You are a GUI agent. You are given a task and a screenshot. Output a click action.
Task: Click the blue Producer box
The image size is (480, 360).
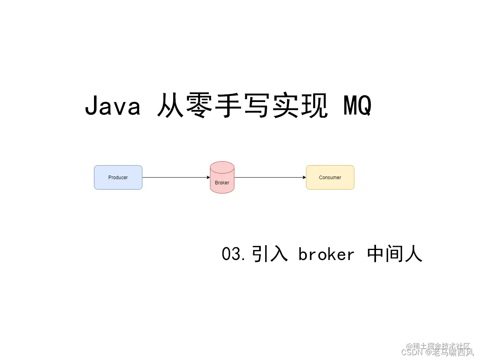click(x=118, y=177)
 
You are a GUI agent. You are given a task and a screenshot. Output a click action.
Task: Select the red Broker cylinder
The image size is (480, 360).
click(x=222, y=180)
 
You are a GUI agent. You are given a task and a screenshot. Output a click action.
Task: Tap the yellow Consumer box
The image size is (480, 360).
click(x=330, y=177)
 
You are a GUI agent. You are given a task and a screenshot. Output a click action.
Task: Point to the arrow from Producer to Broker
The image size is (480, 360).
click(x=176, y=177)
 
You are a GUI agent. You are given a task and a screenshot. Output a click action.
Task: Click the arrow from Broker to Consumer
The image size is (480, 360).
click(x=270, y=177)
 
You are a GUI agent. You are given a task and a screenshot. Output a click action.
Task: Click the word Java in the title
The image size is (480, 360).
click(x=113, y=107)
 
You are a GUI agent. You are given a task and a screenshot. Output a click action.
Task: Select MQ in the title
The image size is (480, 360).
click(x=357, y=107)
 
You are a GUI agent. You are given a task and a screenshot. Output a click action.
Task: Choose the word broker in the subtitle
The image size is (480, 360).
click(x=326, y=254)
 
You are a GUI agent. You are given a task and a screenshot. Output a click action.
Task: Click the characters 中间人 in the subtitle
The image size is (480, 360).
click(x=394, y=254)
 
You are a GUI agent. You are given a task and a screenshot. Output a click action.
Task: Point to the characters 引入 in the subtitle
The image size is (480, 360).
click(x=270, y=254)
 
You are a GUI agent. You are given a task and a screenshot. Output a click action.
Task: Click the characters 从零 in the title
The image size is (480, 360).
click(x=186, y=107)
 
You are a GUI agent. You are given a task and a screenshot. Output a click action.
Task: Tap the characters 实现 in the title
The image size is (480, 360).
click(x=300, y=107)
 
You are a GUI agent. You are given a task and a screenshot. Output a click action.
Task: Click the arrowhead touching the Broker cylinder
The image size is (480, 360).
click(x=208, y=177)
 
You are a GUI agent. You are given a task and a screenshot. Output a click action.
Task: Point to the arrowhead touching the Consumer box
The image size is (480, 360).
click(x=304, y=177)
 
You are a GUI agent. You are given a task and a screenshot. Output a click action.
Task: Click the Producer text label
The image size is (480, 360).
click(x=118, y=177)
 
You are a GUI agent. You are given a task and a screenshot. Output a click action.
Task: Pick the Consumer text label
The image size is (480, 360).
click(x=330, y=177)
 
